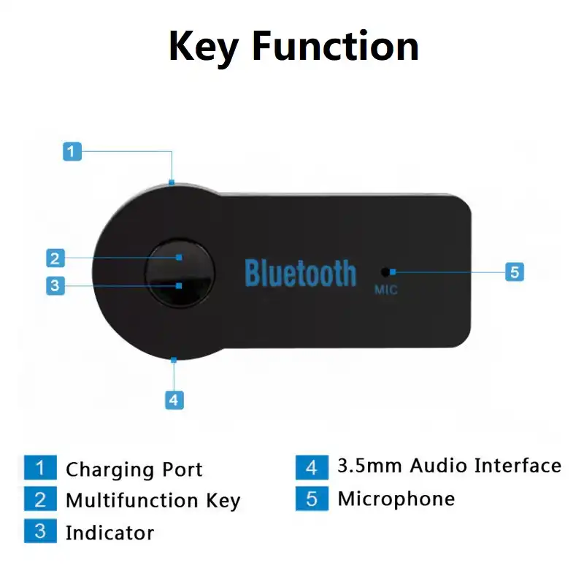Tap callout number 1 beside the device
coord(72,152)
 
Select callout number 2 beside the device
coord(55,258)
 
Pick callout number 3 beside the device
coord(55,285)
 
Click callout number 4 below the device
coord(174,399)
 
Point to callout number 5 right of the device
coord(515,272)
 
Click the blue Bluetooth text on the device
coord(300,273)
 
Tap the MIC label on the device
coord(385,291)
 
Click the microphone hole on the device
coord(384,272)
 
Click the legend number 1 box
coord(40,469)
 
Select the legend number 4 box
coord(312,466)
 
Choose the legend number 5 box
coord(312,499)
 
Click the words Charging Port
coord(134,469)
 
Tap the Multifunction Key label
coord(153,501)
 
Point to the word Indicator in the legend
coord(109,533)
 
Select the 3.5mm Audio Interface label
coord(449,466)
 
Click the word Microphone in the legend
coord(396,499)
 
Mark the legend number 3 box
coord(40,531)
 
